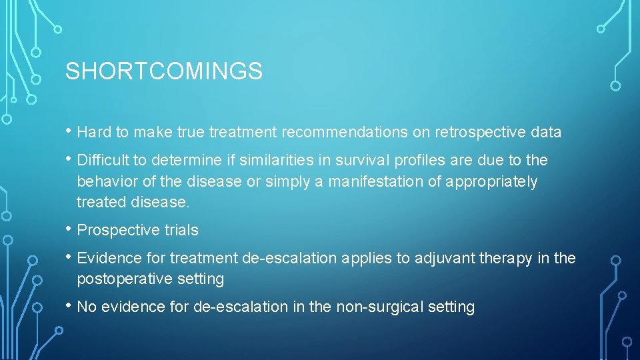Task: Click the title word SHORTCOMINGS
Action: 163,71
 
